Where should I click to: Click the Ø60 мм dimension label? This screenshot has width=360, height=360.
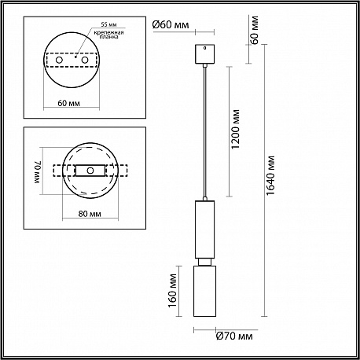coord(171,25)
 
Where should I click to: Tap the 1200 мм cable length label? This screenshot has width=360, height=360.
coord(236,129)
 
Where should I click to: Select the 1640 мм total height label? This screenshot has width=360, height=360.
coord(270,175)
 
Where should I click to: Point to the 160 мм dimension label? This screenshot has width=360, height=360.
coord(173,291)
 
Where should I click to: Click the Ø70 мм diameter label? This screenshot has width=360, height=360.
coord(234,336)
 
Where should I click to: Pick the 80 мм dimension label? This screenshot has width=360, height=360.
coord(90,214)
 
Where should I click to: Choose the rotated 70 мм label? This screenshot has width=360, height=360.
coord(38,172)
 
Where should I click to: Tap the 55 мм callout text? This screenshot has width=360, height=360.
coord(109,24)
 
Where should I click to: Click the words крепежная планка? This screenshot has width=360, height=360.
coord(108,35)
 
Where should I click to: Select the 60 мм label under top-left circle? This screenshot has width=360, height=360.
coord(69,103)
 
